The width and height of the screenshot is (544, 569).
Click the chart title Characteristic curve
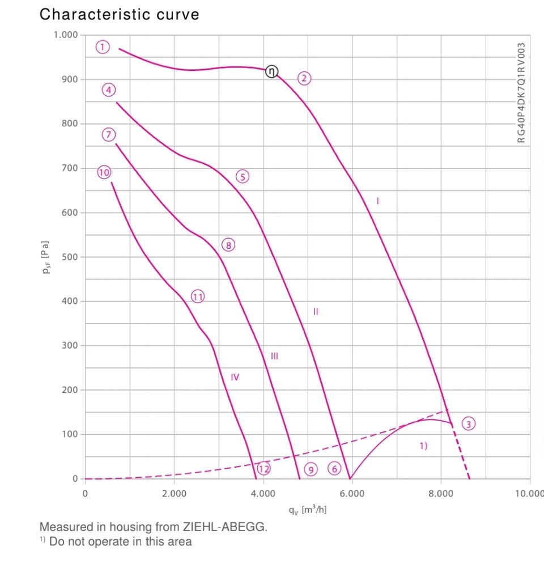point(119,14)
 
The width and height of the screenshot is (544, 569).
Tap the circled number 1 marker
point(102,46)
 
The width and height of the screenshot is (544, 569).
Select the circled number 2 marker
point(304,78)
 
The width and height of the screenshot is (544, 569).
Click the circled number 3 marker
point(468,423)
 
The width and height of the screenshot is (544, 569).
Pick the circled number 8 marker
point(228,245)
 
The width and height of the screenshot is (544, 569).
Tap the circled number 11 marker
point(198,296)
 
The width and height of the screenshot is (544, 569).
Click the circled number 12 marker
point(263,469)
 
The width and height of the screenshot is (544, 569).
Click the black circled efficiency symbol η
point(272,71)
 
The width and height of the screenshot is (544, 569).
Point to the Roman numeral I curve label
point(377,200)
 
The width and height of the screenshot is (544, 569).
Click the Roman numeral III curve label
point(274,356)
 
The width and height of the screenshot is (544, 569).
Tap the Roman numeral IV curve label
point(235,377)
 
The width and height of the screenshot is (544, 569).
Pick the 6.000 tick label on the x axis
point(352,494)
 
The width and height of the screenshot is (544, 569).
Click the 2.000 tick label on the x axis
point(174,494)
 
